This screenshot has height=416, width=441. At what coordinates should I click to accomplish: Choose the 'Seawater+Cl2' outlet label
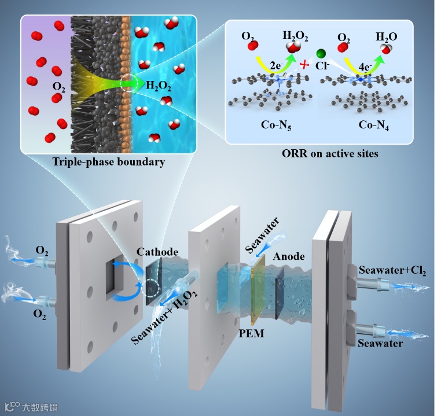point(393,270)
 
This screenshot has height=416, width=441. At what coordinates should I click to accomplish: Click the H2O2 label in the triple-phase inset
point(159,87)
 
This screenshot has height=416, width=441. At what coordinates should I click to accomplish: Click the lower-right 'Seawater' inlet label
point(376,343)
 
